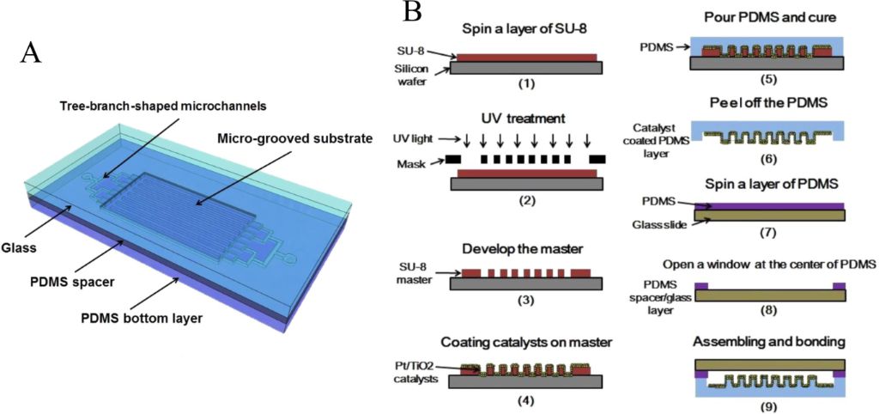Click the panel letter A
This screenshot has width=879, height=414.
coord(32,53)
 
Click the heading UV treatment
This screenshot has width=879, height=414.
coord(525,115)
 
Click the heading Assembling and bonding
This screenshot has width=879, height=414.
coord(769,341)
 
